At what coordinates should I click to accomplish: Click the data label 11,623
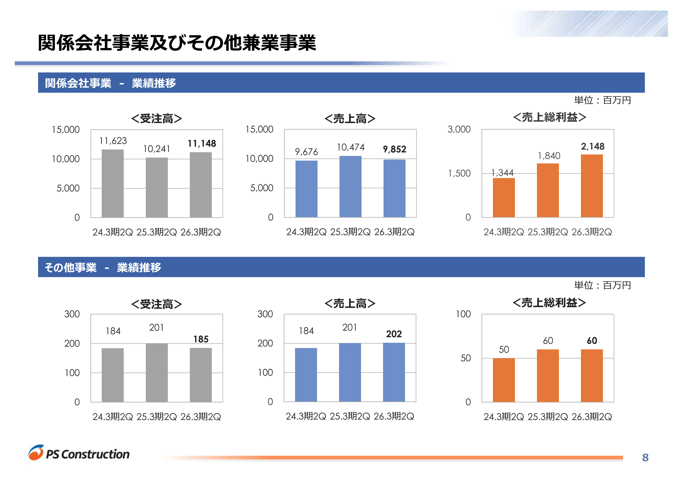[x=113, y=141]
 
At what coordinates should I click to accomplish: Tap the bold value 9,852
[x=394, y=149]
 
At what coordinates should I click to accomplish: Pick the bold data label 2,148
[x=593, y=146]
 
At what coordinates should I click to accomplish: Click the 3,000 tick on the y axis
[x=459, y=129]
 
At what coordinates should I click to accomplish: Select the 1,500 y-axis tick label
[x=459, y=173]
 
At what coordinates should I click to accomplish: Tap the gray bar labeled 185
[x=201, y=375]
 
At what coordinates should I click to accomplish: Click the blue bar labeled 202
[x=394, y=372]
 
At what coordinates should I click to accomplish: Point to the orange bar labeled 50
[x=504, y=380]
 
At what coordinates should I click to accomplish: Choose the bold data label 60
[x=592, y=341]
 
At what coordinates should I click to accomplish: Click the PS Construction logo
[x=79, y=453]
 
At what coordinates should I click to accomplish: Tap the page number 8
[x=645, y=457]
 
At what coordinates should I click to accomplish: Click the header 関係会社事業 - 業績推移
[x=110, y=83]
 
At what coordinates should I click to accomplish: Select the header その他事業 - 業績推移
[x=103, y=268]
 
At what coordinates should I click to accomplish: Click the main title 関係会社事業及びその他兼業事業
[x=177, y=43]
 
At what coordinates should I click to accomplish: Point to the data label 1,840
[x=549, y=156]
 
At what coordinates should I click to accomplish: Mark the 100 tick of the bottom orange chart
[x=463, y=314]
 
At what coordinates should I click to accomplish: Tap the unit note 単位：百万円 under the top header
[x=602, y=100]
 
